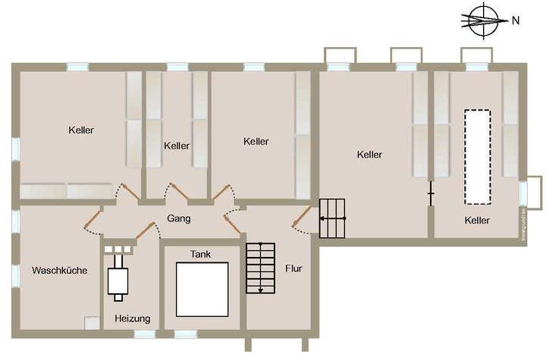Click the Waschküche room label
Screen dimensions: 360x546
pyautogui.click(x=59, y=271)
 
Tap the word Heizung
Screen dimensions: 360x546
pyautogui.click(x=132, y=318)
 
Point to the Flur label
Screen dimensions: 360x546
pyautogui.click(x=293, y=268)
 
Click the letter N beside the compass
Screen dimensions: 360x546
pyautogui.click(x=515, y=20)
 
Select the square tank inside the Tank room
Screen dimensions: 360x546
pyautogui.click(x=202, y=289)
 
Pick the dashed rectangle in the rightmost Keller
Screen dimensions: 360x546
pyautogui.click(x=477, y=157)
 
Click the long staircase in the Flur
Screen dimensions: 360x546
pyautogui.click(x=260, y=267)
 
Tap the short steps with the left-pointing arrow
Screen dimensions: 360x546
pyautogui.click(x=332, y=218)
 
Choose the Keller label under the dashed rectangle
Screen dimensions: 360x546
pyautogui.click(x=477, y=221)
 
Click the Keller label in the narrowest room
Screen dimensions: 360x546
pyautogui.click(x=176, y=146)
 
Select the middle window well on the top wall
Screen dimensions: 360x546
pyautogui.click(x=406, y=57)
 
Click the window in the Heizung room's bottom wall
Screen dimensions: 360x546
pyautogui.click(x=144, y=333)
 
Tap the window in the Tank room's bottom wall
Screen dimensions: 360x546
pyautogui.click(x=186, y=333)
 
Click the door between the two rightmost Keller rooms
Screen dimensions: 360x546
pyautogui.click(x=431, y=194)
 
